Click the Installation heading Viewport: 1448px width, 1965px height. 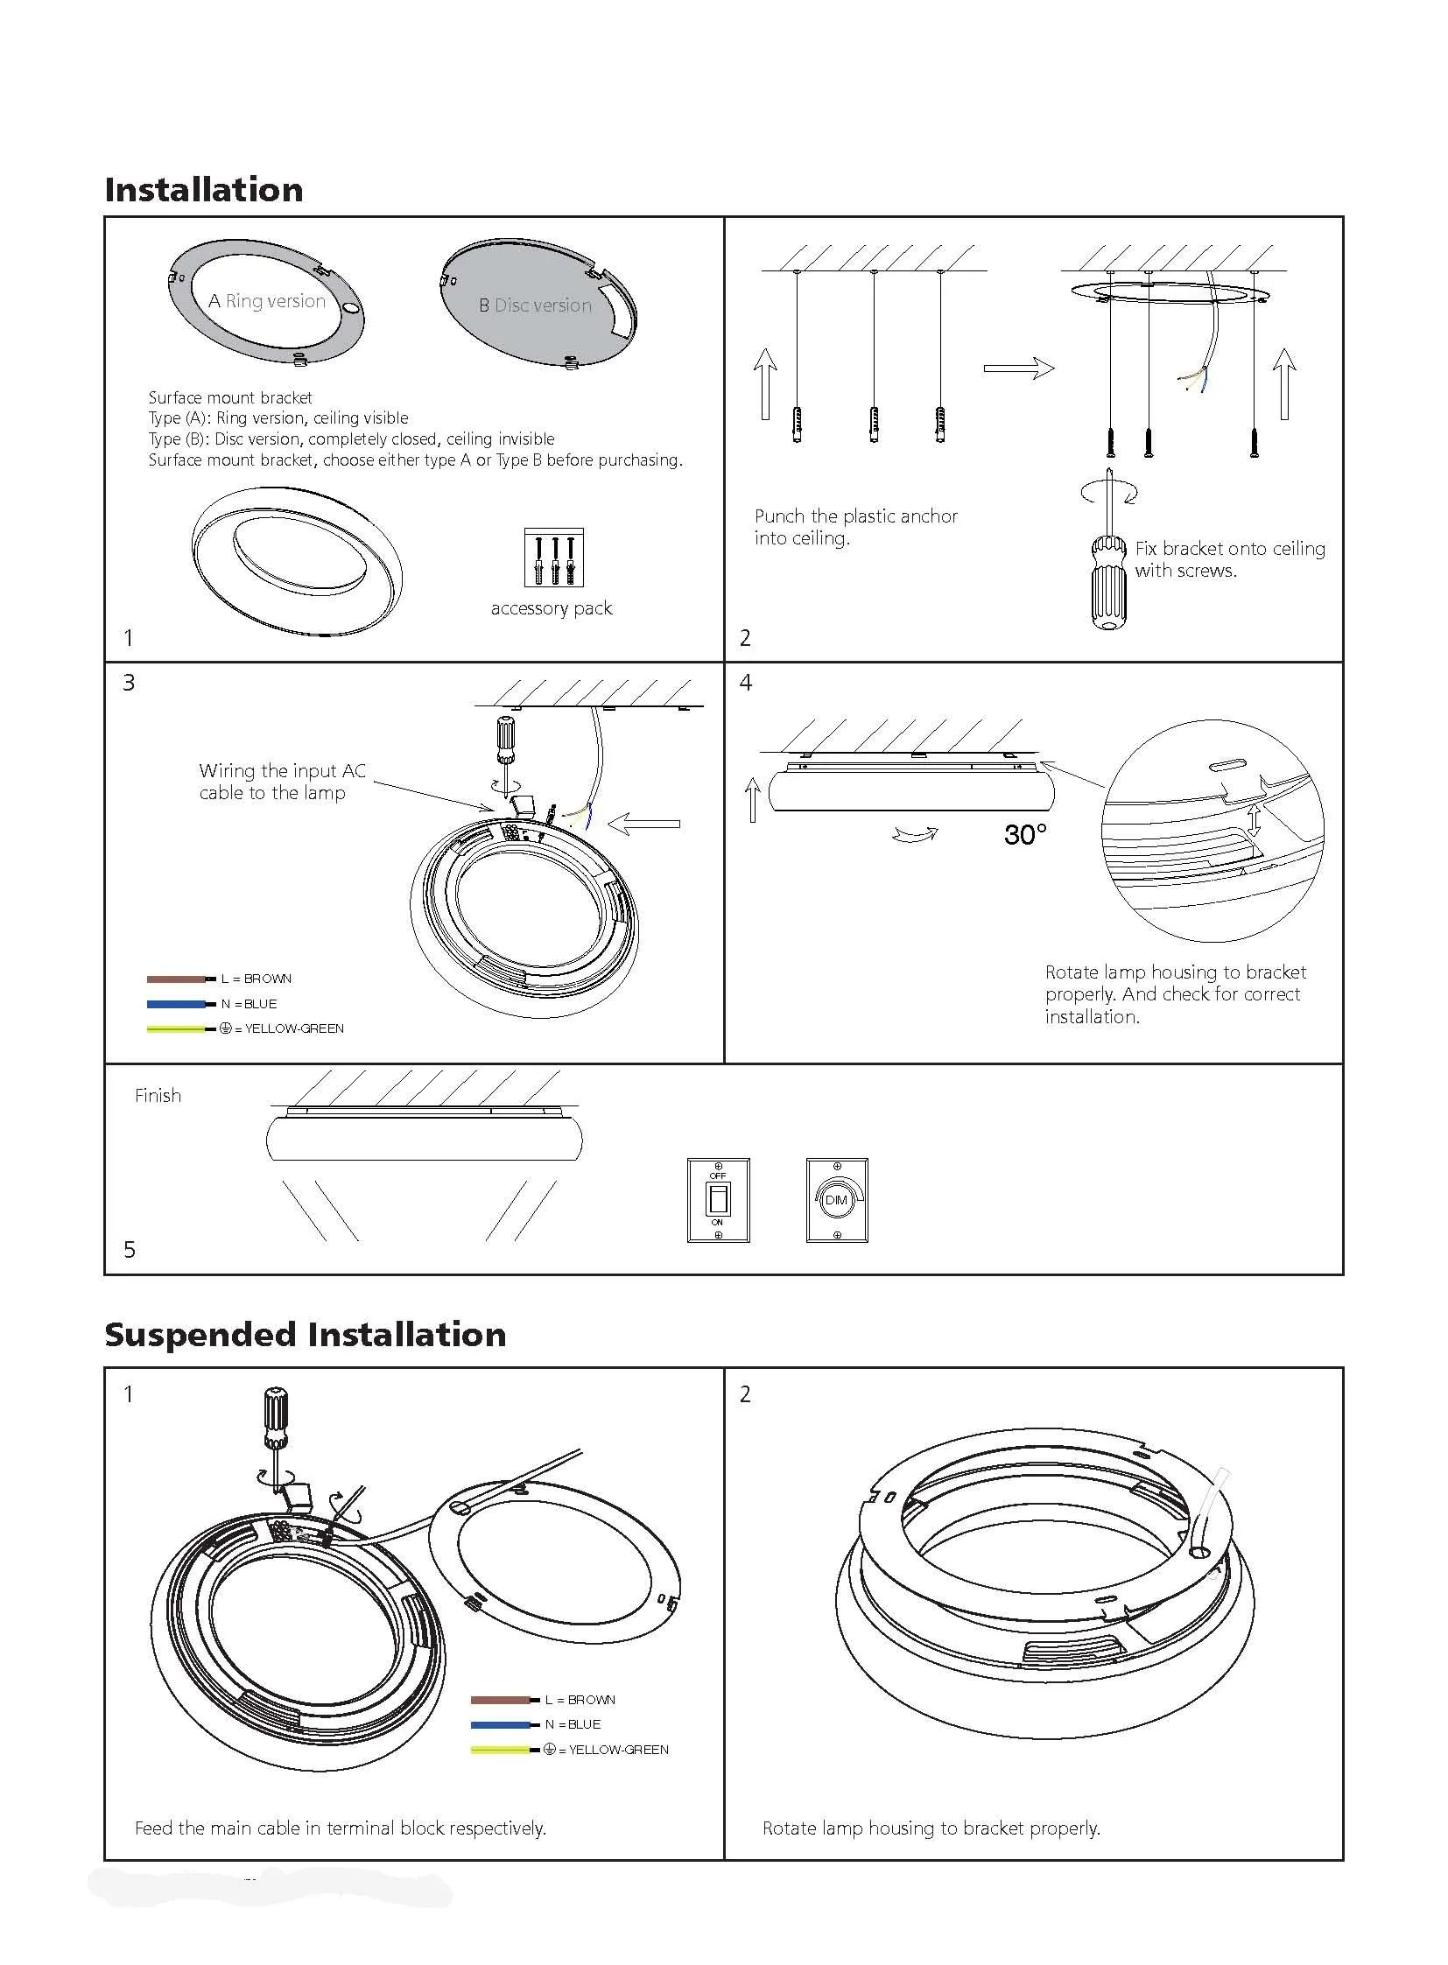tap(203, 190)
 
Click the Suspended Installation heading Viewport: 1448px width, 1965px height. tap(305, 1335)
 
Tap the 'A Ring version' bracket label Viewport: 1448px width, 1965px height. tap(267, 301)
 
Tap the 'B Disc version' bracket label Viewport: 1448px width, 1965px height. tap(535, 305)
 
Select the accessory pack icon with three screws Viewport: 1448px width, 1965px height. tap(553, 558)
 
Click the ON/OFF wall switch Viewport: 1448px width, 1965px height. tap(718, 1200)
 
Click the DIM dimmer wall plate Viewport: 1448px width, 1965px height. tap(836, 1200)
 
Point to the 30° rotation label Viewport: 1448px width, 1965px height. tap(1024, 834)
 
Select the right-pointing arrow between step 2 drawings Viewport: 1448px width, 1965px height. tap(1017, 368)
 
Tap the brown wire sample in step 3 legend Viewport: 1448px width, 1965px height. tap(178, 979)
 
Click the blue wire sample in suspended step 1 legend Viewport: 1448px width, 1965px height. tap(502, 1725)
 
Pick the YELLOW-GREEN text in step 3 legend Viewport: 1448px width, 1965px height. tap(293, 1029)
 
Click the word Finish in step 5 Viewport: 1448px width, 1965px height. tap(158, 1096)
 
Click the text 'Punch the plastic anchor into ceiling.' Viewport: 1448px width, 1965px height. tap(855, 527)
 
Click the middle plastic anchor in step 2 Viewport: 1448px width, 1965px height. tap(874, 425)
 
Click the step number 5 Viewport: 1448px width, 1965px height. tap(130, 1250)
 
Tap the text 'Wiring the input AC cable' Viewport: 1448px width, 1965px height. tap(281, 782)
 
